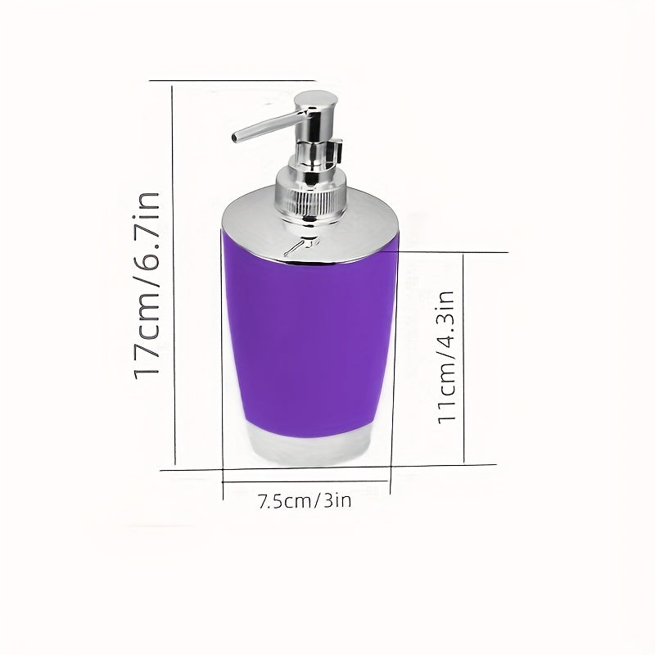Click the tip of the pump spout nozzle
(x=235, y=137)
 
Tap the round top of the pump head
(x=316, y=97)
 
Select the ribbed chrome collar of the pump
(x=311, y=201)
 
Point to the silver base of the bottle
(x=310, y=449)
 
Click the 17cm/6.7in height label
(x=147, y=286)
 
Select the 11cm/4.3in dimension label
(x=446, y=357)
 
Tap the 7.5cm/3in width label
(x=305, y=500)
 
